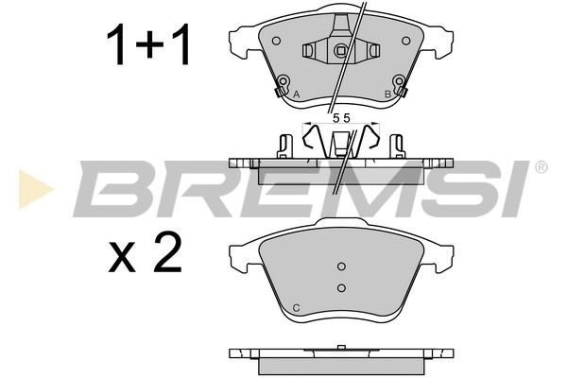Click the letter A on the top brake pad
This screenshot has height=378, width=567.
[297, 94]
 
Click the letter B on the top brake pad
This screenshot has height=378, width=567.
[387, 94]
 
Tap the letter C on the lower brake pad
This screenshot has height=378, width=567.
[297, 307]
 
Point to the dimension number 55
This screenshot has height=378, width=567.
[341, 118]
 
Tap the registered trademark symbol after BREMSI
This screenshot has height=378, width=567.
[540, 167]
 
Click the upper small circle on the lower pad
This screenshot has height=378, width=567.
[342, 266]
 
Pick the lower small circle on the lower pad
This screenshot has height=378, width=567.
[342, 288]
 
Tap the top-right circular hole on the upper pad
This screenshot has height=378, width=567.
[406, 41]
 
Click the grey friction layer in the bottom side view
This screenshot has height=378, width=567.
[341, 365]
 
